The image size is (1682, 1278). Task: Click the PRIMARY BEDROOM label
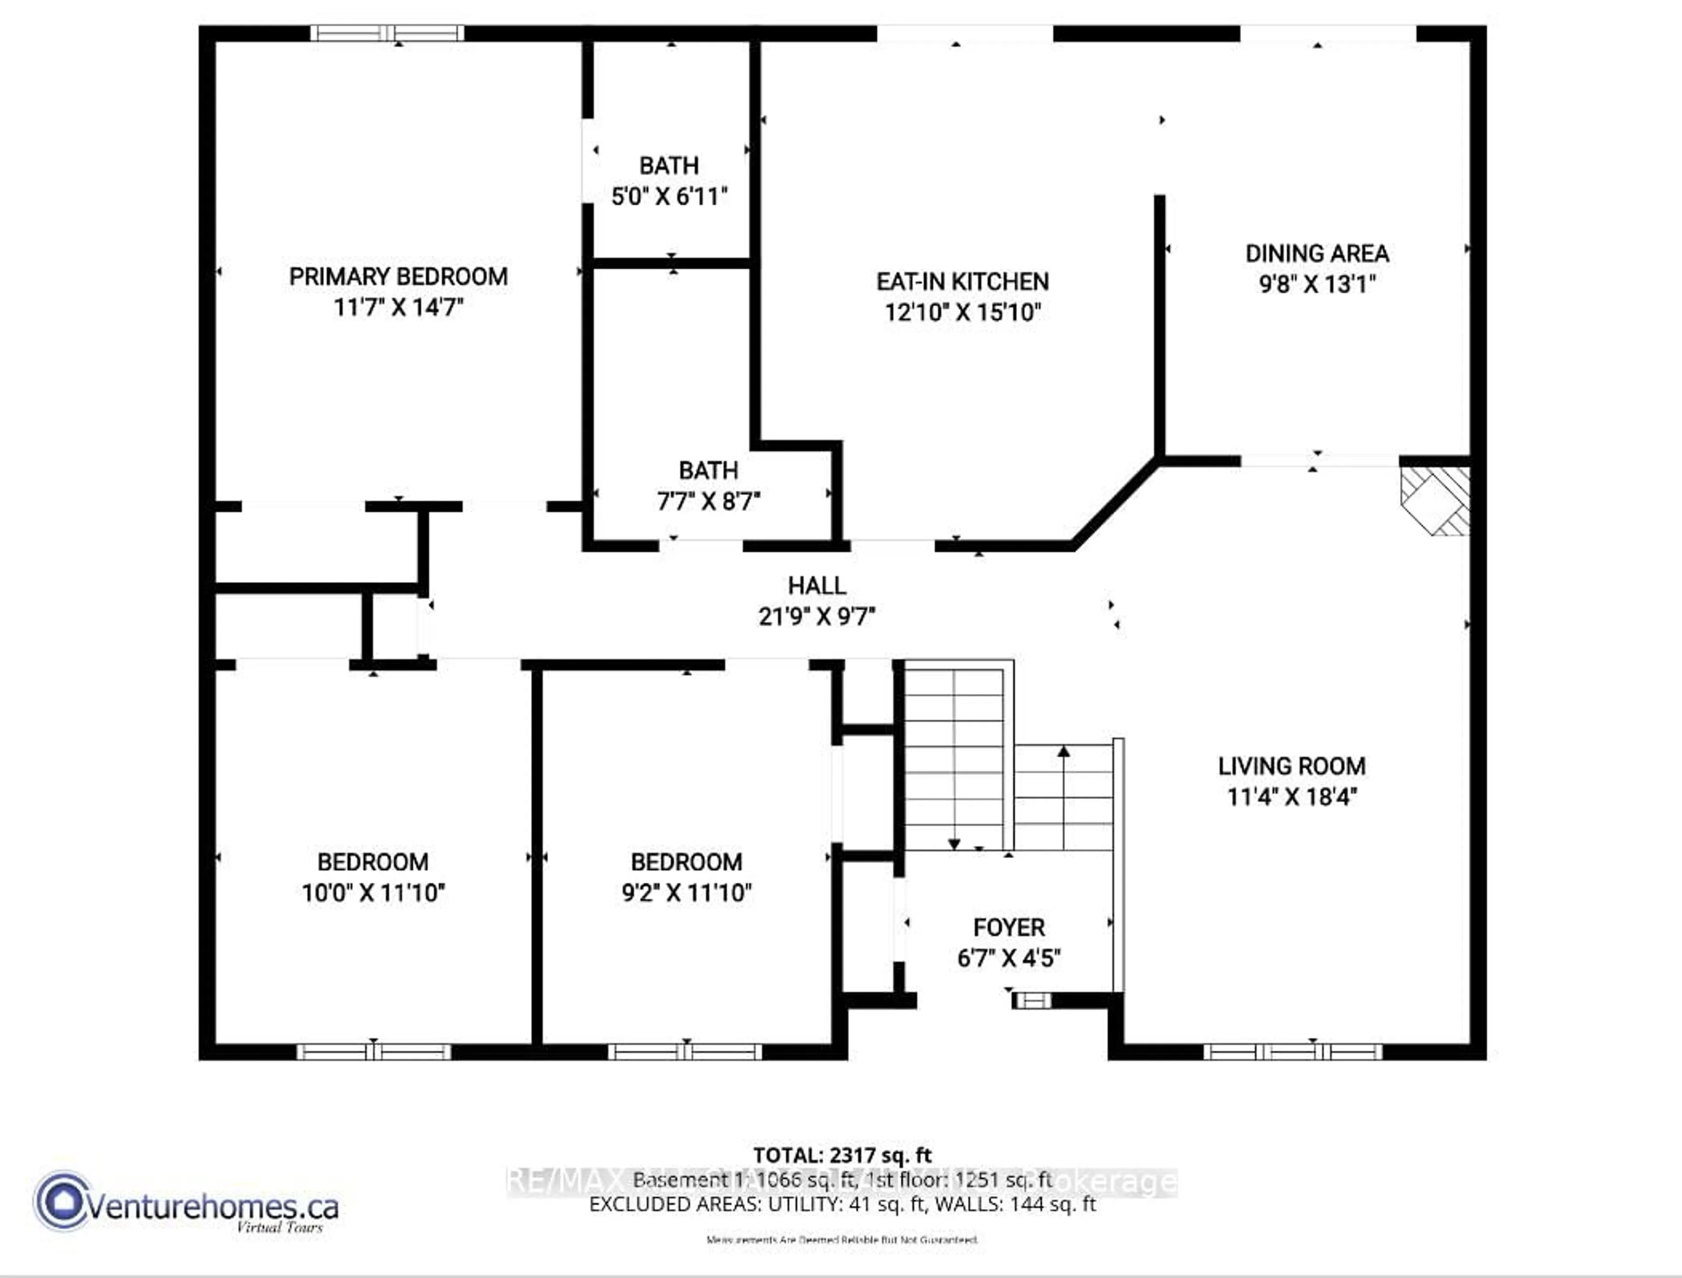click(398, 276)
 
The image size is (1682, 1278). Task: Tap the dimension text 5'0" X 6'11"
click(669, 197)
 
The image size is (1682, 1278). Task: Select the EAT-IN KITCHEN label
click(962, 282)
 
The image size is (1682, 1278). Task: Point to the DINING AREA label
click(1317, 253)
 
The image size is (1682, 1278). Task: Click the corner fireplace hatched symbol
click(1435, 500)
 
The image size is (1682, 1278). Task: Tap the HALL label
click(816, 586)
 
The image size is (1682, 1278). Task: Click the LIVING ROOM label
click(1292, 766)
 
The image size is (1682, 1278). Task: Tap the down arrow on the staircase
click(954, 844)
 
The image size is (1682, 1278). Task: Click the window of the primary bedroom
click(387, 33)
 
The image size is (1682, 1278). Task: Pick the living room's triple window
click(1292, 1052)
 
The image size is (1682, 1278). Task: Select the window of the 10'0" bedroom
click(373, 1052)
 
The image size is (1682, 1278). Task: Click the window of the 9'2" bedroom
click(685, 1052)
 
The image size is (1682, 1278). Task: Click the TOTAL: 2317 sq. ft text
click(842, 1155)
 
